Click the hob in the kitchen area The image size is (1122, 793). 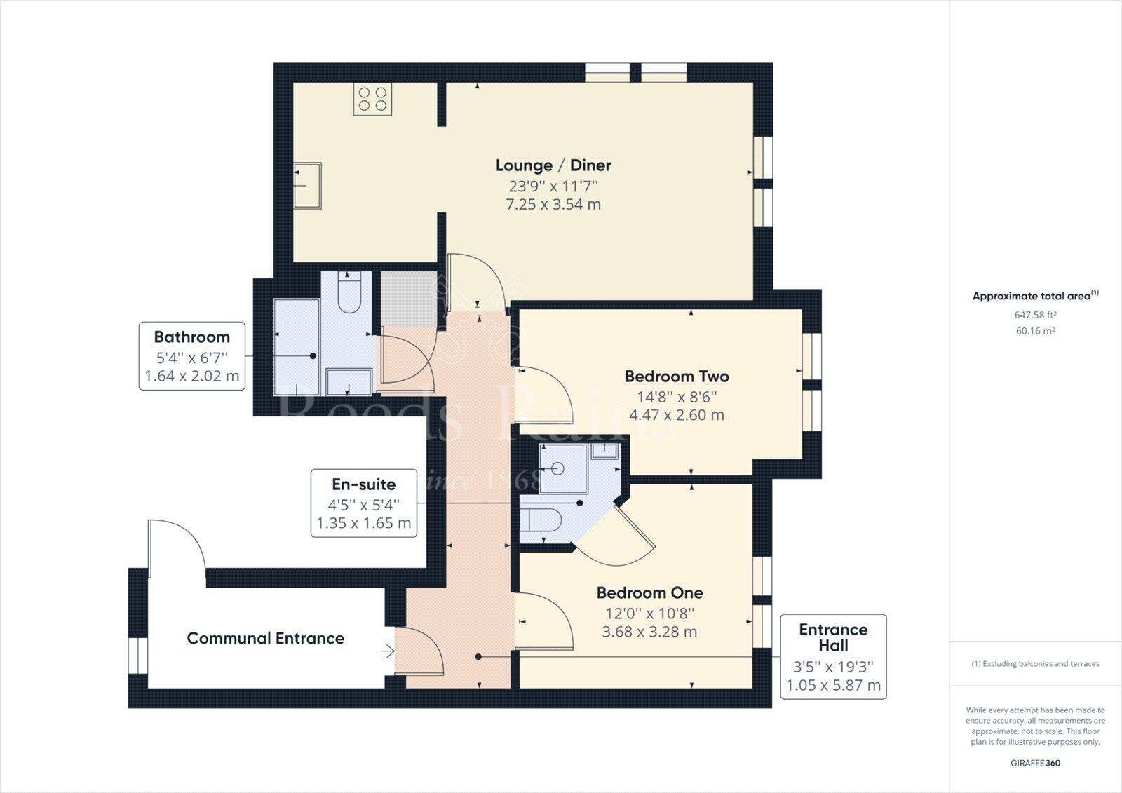[x=372, y=99]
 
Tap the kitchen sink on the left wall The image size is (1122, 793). [x=307, y=186]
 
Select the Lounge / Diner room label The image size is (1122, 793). [x=553, y=165]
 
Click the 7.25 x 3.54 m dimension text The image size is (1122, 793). [x=553, y=205]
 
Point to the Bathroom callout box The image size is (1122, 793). [x=192, y=356]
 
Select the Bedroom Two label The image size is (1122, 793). [x=677, y=377]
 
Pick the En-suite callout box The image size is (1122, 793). [x=364, y=503]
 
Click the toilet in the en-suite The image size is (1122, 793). [x=541, y=520]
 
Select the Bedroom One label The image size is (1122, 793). [x=649, y=593]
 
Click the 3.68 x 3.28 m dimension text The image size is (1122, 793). [x=649, y=632]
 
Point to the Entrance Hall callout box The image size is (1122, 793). [x=833, y=656]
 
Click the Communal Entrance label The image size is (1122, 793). [x=265, y=639]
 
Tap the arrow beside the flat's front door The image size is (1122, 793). [x=387, y=652]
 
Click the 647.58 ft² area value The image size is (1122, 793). [x=1035, y=315]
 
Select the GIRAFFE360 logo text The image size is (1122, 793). [x=1035, y=763]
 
